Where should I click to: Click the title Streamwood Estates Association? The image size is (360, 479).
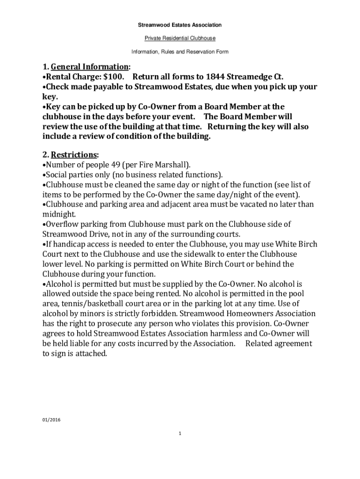click(x=180, y=25)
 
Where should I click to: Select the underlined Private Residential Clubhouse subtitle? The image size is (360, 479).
click(x=180, y=38)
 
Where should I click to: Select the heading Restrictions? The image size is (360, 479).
click(x=74, y=154)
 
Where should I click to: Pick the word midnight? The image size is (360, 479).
click(x=59, y=214)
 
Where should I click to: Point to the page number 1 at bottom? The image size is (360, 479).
click(x=180, y=434)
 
